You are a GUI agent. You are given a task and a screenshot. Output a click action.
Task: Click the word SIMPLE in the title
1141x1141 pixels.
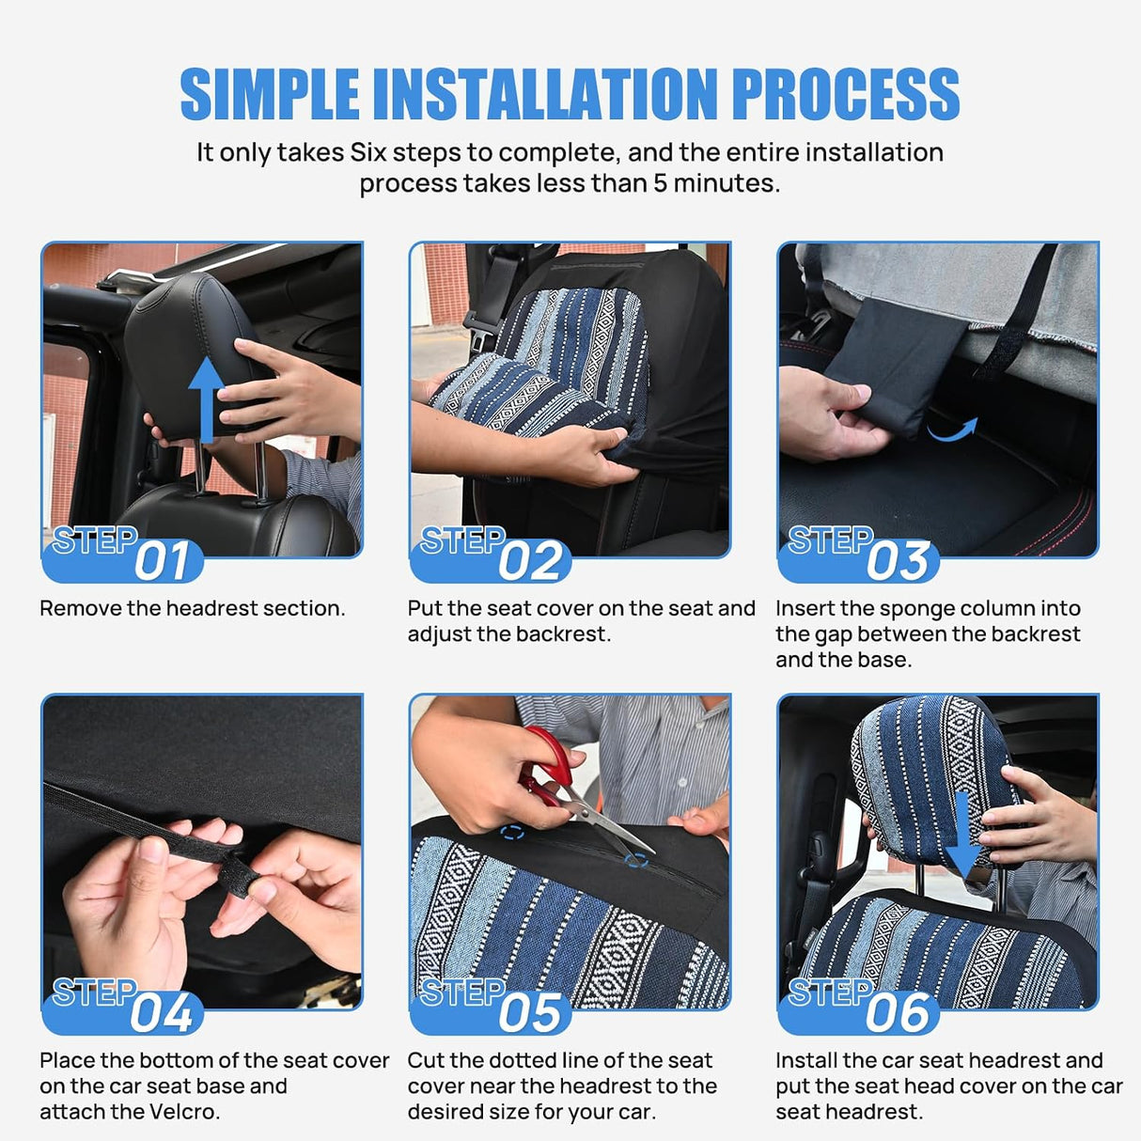pos(270,94)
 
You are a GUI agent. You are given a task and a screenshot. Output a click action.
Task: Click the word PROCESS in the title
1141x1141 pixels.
pos(846,94)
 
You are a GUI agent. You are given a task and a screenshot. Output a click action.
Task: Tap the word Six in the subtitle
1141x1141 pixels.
pos(368,152)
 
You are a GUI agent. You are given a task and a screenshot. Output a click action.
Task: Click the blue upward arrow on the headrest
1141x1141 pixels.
pos(206,399)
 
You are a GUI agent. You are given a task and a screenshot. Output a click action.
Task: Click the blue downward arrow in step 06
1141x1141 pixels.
pos(963,836)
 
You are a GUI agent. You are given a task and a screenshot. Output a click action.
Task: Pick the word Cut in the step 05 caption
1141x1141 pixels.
pos(426,1060)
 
